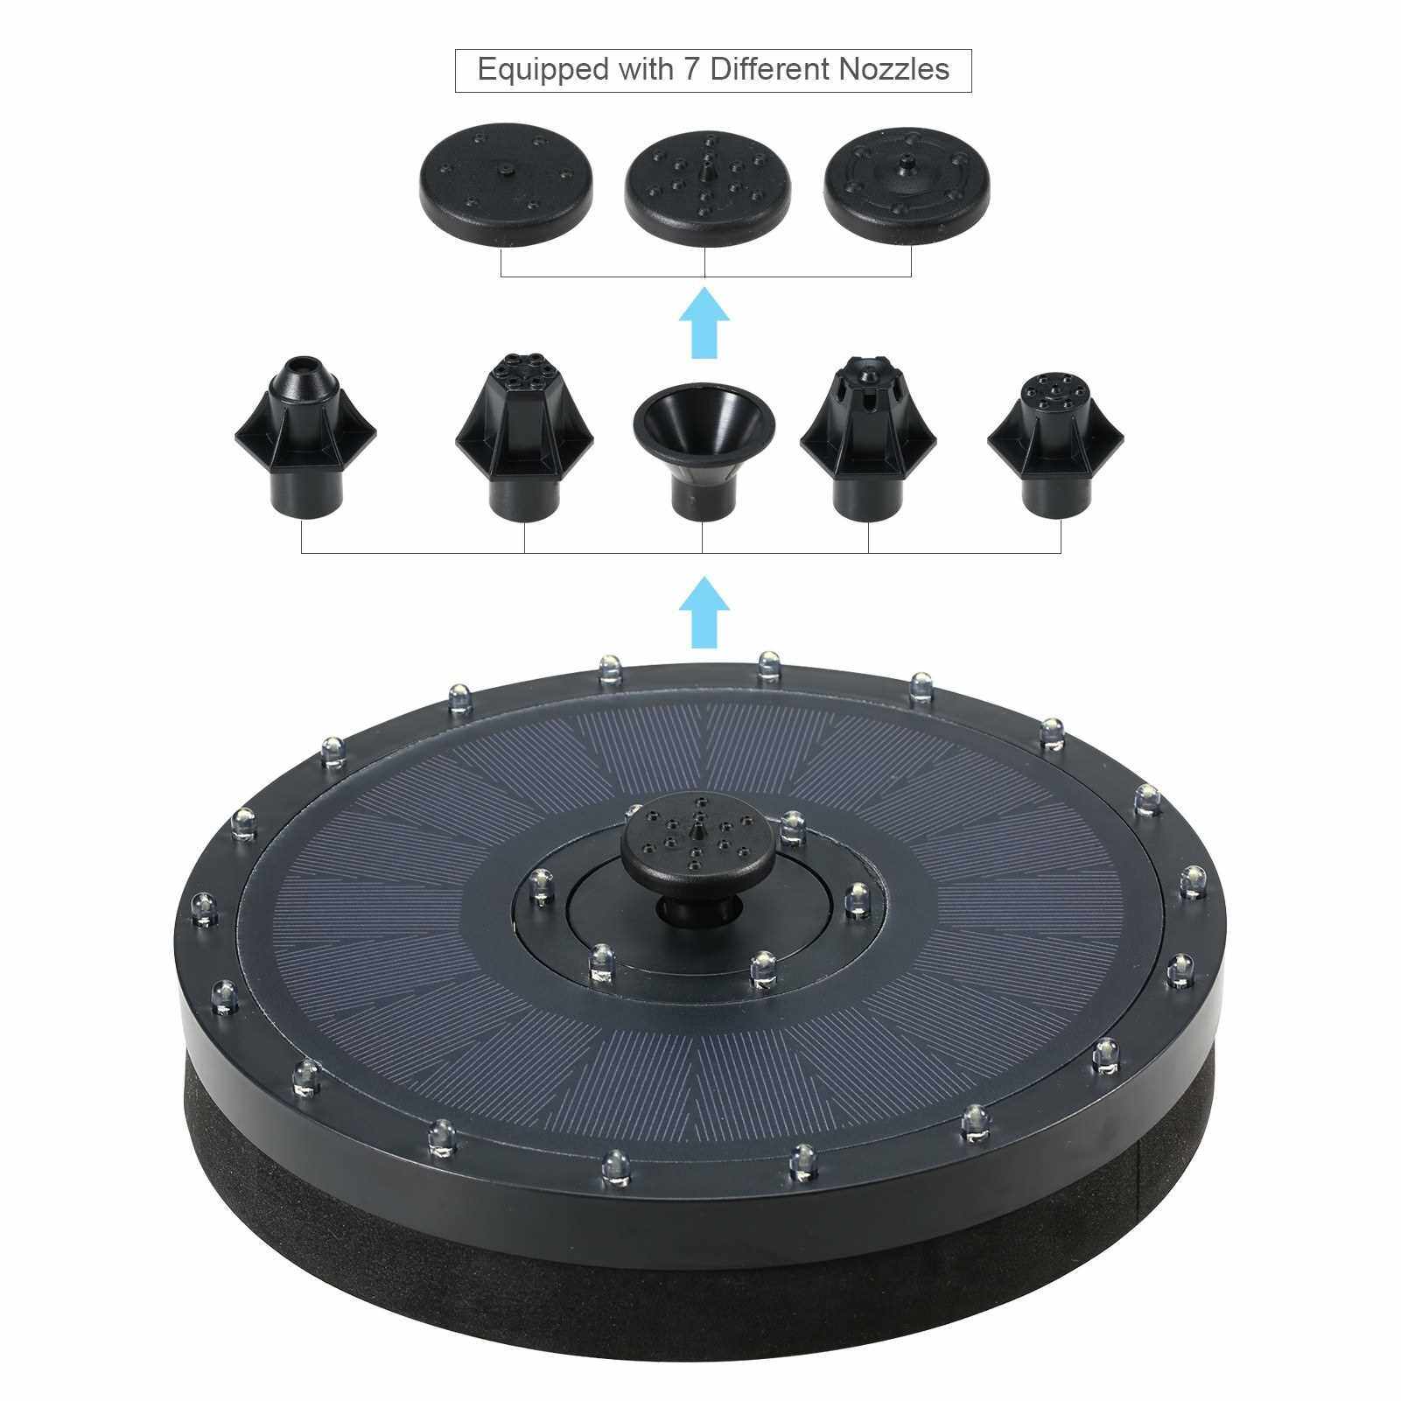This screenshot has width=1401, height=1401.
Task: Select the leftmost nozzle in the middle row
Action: [305, 437]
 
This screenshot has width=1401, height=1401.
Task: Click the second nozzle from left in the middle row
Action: [525, 437]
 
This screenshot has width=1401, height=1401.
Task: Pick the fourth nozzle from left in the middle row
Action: [869, 437]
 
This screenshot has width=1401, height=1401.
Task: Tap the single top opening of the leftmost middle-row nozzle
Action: [305, 361]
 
